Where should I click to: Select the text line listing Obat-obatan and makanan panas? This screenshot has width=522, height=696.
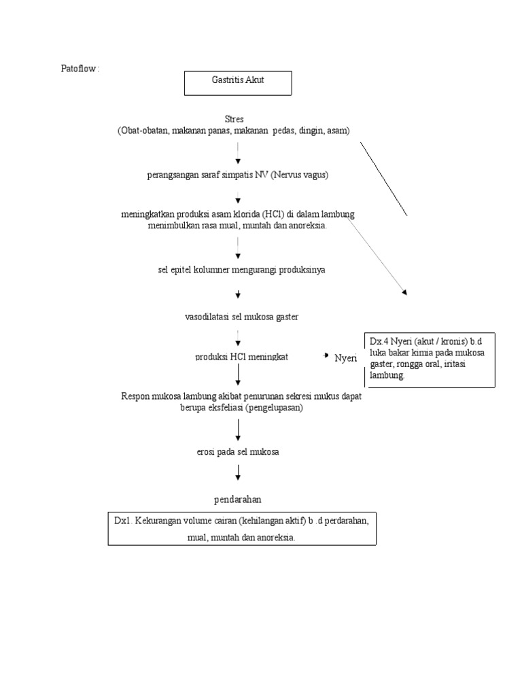tap(233, 130)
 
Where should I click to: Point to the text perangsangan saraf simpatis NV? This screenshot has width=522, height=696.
tap(238, 175)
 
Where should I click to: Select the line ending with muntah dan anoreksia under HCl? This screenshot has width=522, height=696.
tap(237, 226)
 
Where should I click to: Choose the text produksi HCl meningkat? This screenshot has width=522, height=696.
tap(241, 357)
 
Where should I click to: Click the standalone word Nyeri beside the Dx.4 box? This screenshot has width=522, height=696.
tap(345, 358)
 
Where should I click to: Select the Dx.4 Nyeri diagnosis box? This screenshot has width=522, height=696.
tap(430, 360)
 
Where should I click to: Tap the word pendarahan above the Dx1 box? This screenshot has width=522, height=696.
tap(237, 500)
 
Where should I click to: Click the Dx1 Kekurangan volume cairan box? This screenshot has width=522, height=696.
tap(242, 529)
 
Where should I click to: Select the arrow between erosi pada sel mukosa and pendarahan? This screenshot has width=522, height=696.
tap(238, 473)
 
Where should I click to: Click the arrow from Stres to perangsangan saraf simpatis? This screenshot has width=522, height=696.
tap(238, 152)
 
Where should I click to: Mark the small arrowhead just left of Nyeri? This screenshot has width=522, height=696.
tap(327, 356)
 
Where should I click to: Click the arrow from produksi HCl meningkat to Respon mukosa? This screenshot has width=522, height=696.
tap(238, 375)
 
